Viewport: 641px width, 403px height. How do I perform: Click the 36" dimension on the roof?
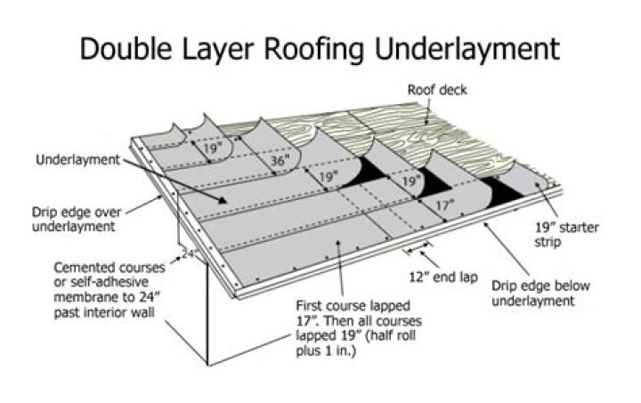click(x=281, y=162)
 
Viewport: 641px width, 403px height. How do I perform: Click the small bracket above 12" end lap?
click(x=418, y=241)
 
